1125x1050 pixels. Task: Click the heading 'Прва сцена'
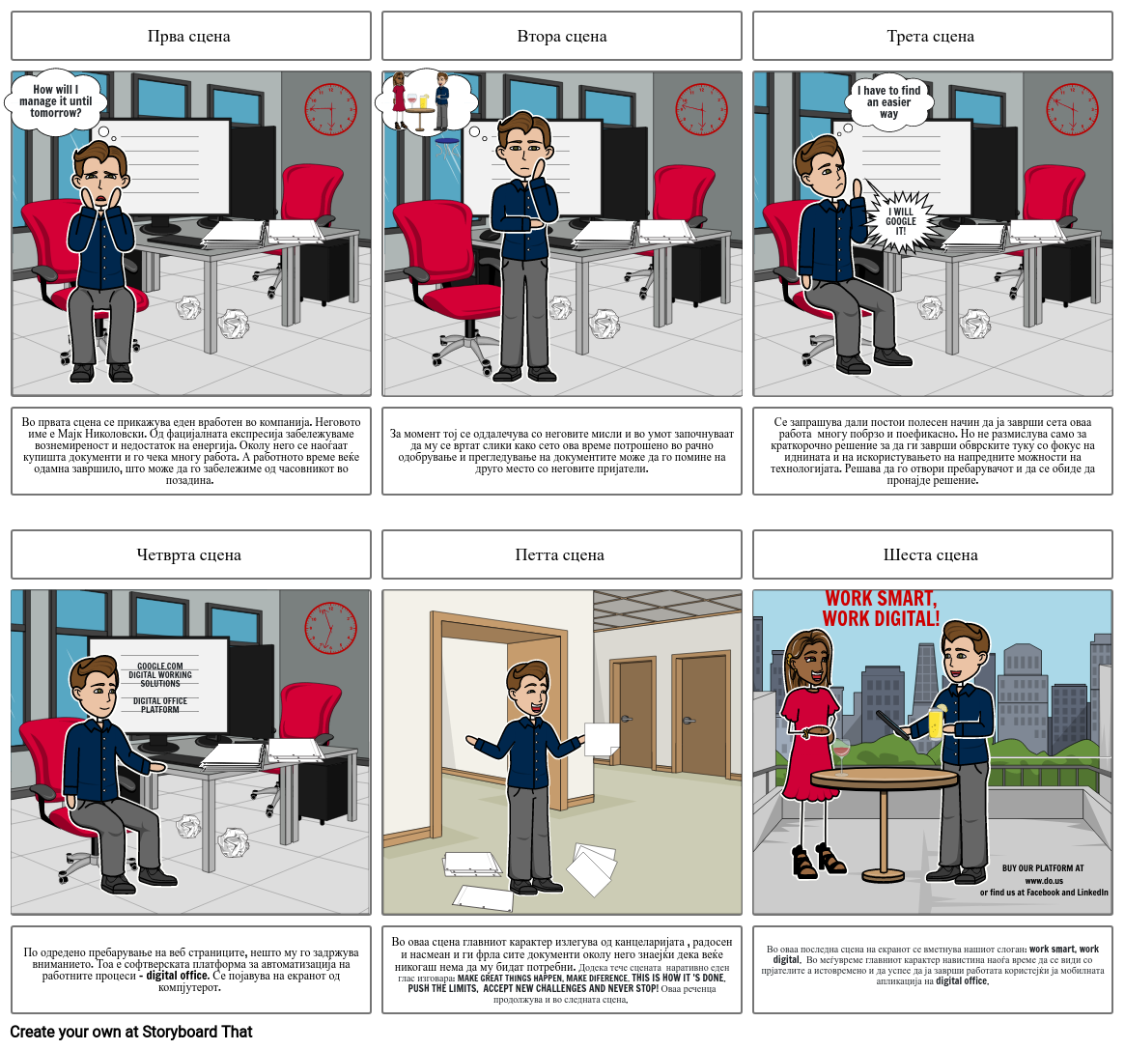(x=189, y=37)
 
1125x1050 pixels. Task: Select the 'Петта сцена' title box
(x=560, y=554)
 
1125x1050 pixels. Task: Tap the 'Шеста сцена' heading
(x=931, y=554)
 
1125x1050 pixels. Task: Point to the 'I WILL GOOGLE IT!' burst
(x=901, y=221)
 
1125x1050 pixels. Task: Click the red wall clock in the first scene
(x=330, y=109)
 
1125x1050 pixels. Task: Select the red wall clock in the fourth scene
(x=330, y=629)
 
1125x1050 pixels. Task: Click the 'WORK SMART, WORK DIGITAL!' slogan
(x=880, y=609)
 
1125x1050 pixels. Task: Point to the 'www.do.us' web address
(x=1044, y=880)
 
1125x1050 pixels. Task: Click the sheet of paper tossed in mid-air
(x=602, y=740)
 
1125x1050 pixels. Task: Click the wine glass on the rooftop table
(x=840, y=753)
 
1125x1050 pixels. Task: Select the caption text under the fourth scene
(x=190, y=970)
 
